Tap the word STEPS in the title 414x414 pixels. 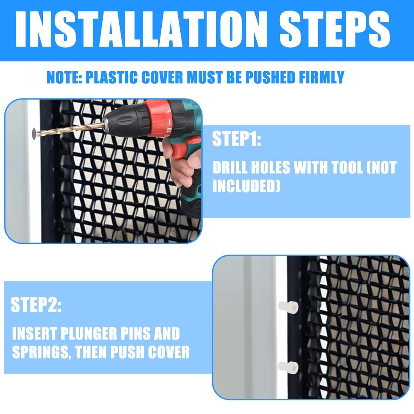tap(335, 29)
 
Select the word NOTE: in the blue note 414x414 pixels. tap(64, 77)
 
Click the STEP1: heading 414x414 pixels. tap(237, 139)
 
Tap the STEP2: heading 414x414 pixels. tap(36, 305)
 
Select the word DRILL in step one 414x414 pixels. tap(230, 167)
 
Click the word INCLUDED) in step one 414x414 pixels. tap(246, 186)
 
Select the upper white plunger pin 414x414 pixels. tap(288, 307)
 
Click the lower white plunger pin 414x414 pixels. tap(288, 368)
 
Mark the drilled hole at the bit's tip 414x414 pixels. tap(34, 134)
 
